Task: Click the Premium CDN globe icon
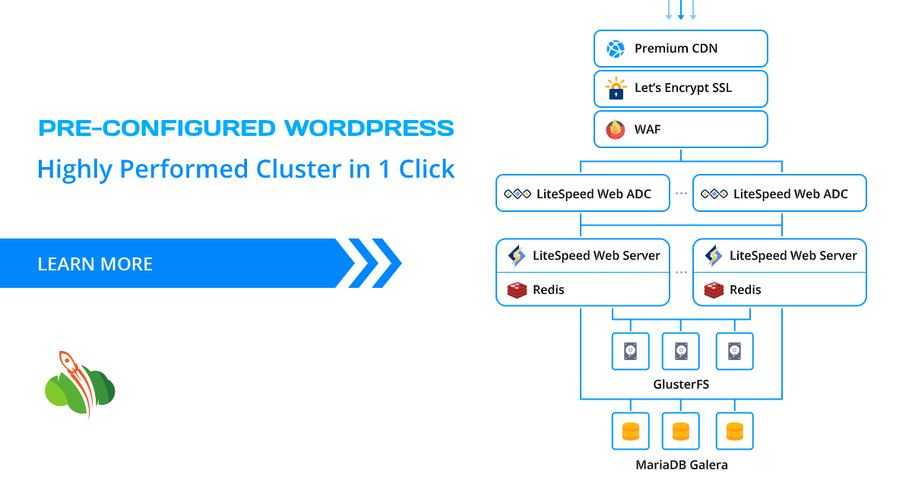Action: click(615, 49)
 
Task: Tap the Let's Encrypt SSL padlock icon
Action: click(615, 89)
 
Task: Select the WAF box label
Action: click(648, 129)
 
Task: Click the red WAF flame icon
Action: click(615, 129)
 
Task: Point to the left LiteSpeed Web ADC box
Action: click(583, 194)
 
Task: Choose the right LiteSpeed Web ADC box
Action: click(780, 194)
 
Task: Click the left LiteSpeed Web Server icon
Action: click(517, 256)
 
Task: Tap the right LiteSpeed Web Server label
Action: click(793, 256)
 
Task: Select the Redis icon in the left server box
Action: click(517, 289)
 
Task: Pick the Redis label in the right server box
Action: click(745, 289)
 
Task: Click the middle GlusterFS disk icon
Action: click(681, 351)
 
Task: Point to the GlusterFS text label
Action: click(681, 384)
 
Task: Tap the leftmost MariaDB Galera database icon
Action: click(631, 431)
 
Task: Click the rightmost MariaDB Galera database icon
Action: click(734, 431)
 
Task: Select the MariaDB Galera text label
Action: click(681, 464)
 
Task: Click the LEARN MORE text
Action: click(95, 264)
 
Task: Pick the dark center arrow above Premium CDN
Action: click(681, 10)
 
